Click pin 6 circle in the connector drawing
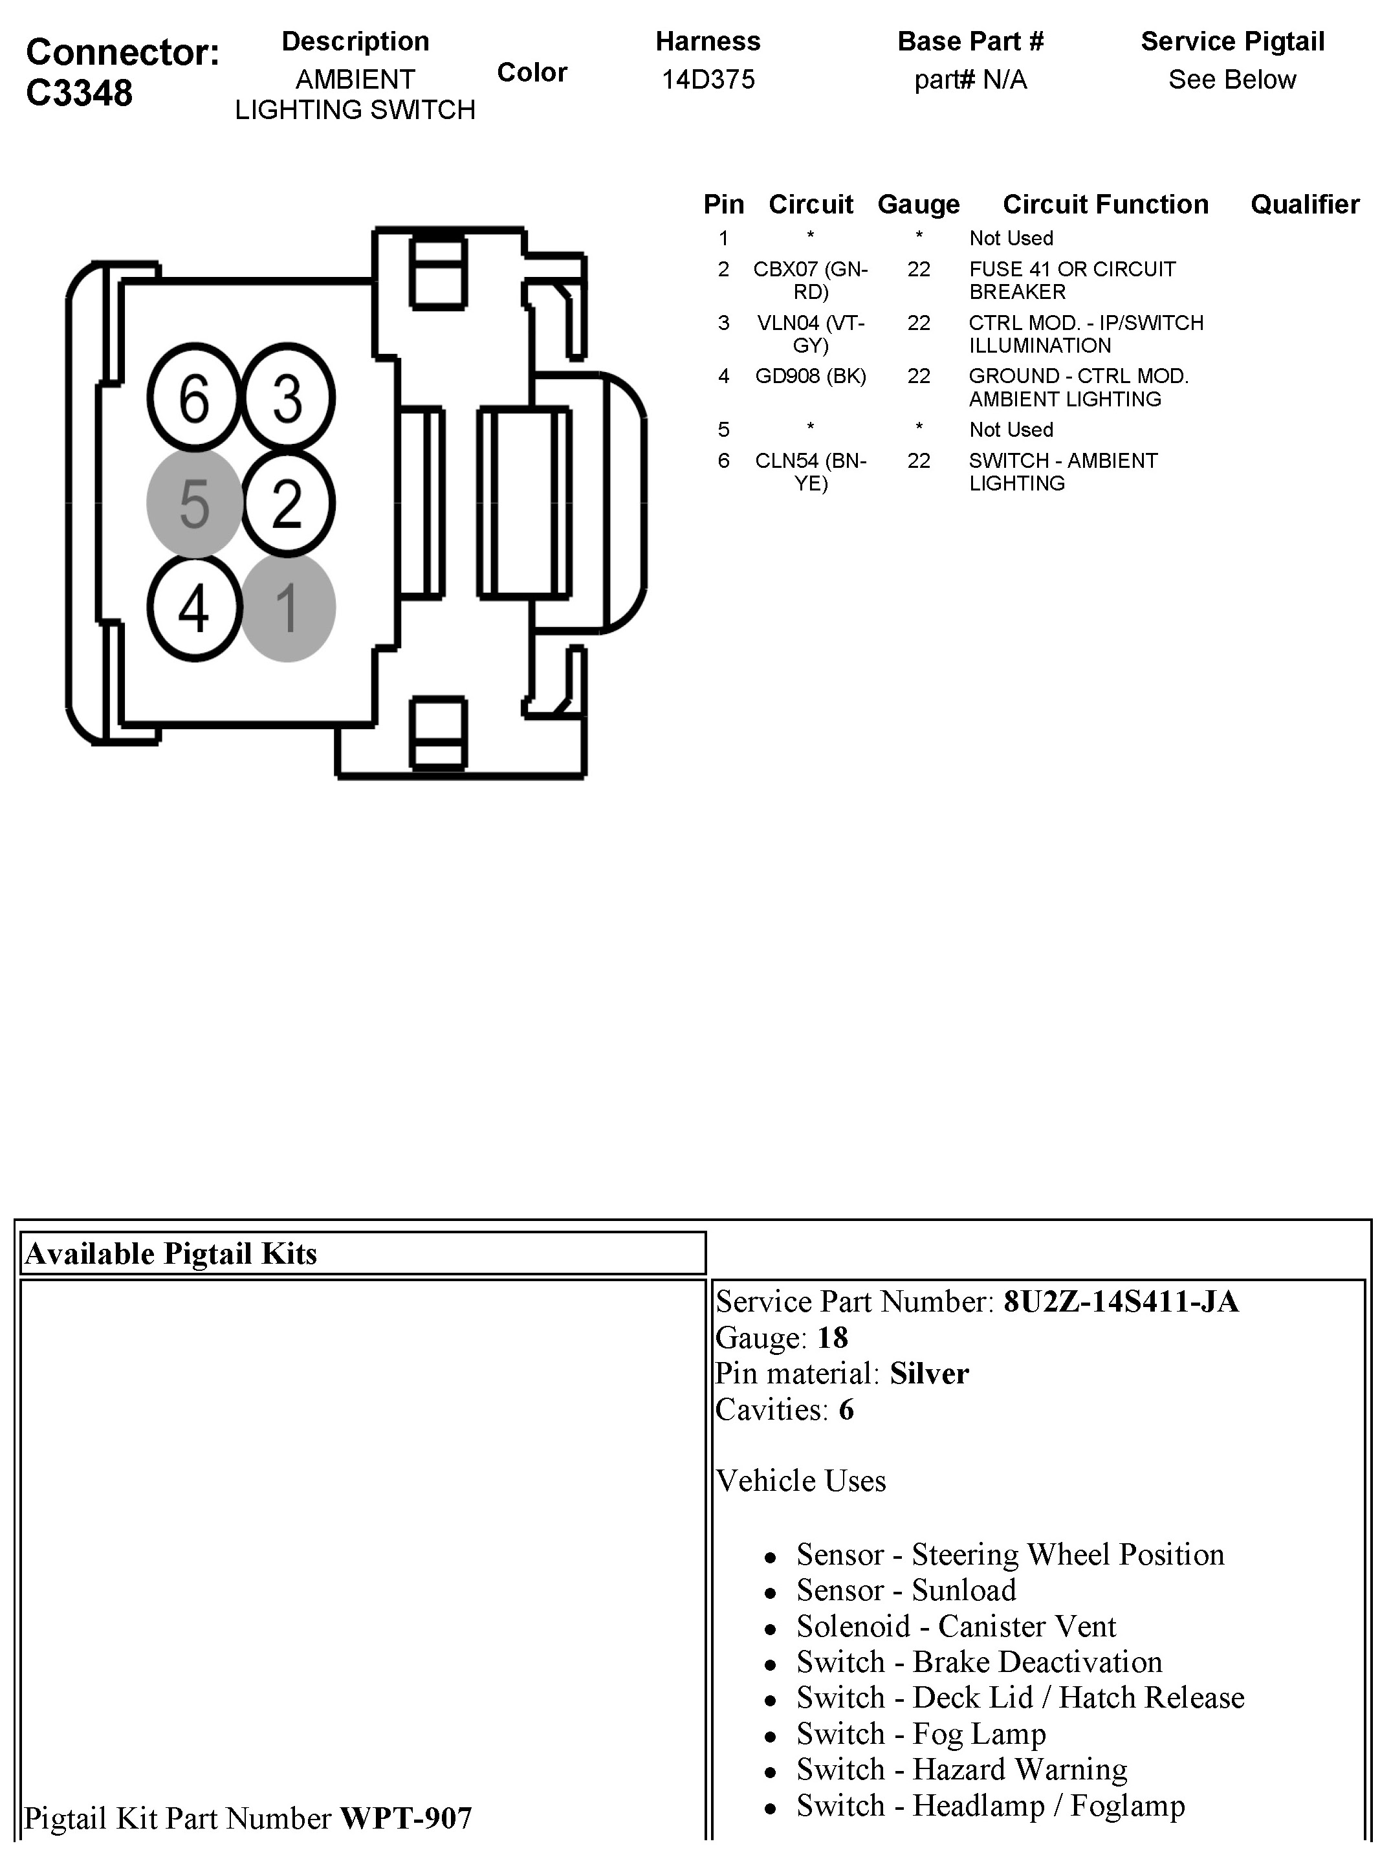pos(195,397)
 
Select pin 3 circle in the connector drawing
pos(288,397)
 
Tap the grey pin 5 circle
pos(195,503)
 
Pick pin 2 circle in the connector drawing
pos(288,503)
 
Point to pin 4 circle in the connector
pos(195,608)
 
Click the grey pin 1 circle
pos(288,608)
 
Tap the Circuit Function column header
pos(1105,204)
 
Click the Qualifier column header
pos(1304,204)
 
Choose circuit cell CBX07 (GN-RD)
pos(810,280)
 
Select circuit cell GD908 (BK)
pos(810,377)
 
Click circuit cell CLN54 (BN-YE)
pos(810,472)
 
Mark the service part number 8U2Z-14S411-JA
pos(1121,1302)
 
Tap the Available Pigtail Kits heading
pos(171,1254)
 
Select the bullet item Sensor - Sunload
pos(906,1590)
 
